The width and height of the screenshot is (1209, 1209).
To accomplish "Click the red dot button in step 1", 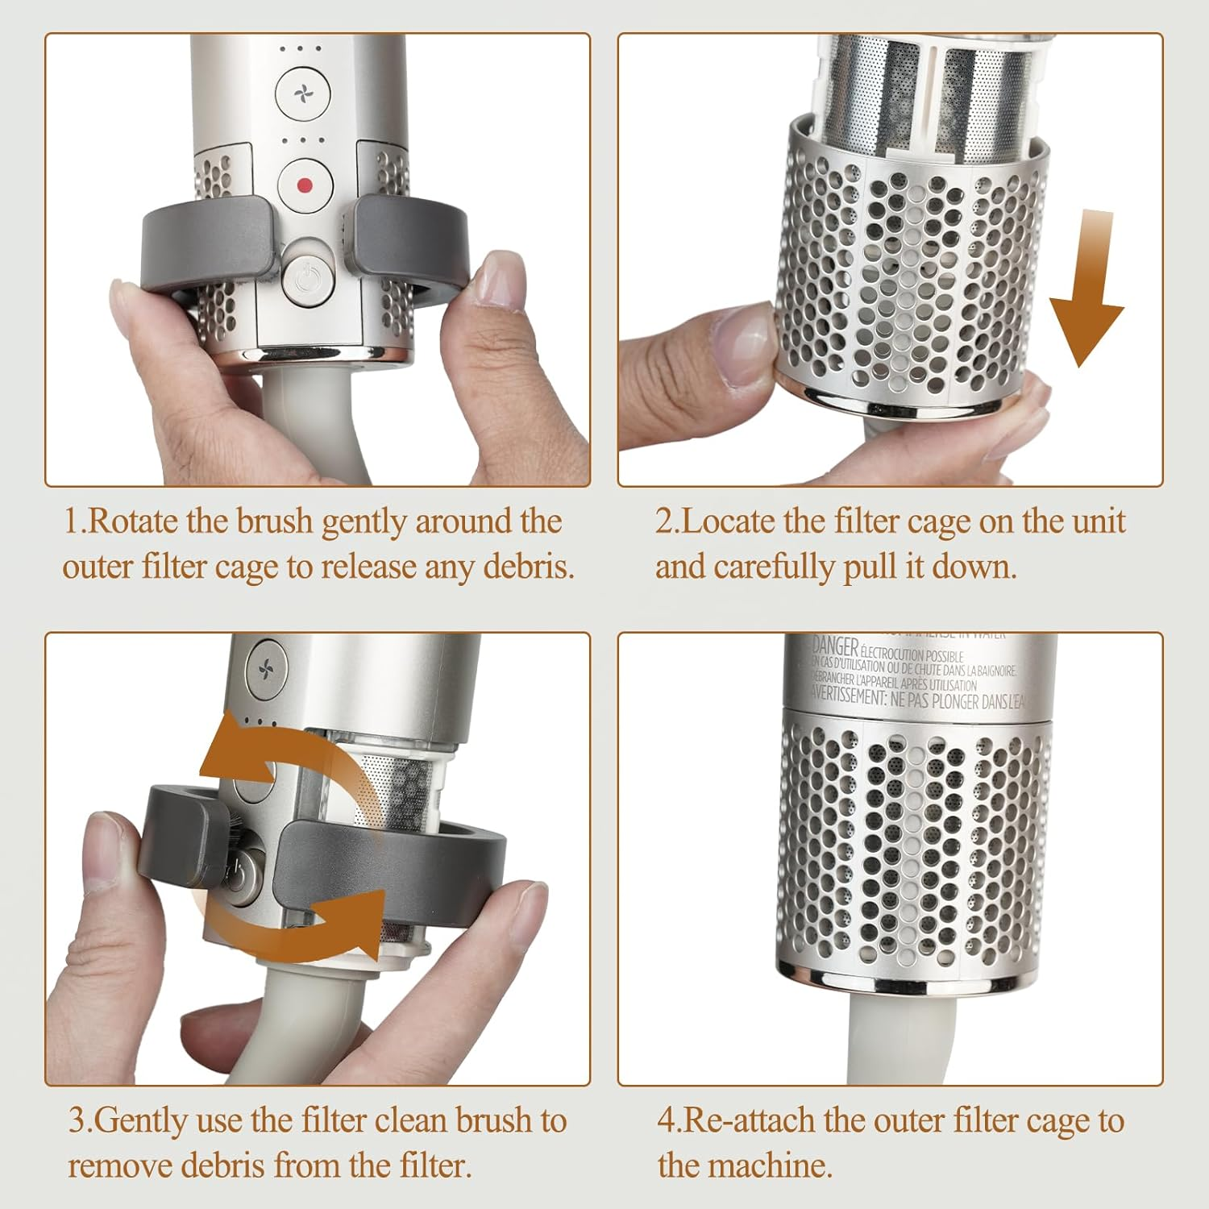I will (x=305, y=186).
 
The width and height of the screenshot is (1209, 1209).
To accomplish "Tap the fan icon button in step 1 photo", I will (x=303, y=95).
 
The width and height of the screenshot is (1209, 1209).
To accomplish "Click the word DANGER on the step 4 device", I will (x=835, y=646).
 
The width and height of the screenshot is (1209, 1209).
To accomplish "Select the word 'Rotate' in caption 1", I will (x=132, y=521).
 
